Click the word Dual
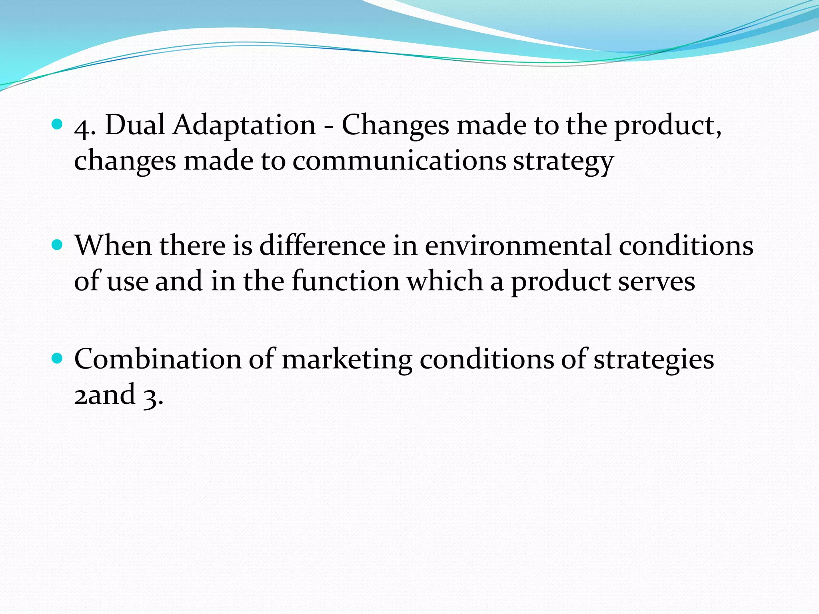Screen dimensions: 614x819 point(135,125)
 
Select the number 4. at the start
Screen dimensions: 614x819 point(85,128)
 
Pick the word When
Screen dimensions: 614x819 point(113,245)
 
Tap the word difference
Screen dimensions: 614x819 point(322,245)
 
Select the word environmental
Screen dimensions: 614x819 point(517,245)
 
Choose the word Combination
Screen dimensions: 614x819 point(158,359)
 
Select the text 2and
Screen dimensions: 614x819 point(105,394)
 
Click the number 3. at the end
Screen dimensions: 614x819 point(153,396)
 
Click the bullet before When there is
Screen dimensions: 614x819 point(58,245)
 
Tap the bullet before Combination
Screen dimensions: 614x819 point(58,359)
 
